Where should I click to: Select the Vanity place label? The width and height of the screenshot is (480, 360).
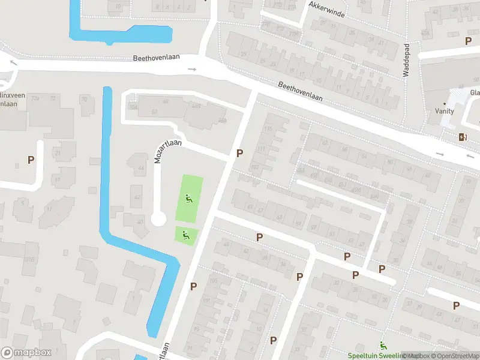[x=445, y=111]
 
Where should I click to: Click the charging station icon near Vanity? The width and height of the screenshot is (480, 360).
[x=463, y=137]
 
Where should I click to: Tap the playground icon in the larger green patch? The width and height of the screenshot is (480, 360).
[x=188, y=199]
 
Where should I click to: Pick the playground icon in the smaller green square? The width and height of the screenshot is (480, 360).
[x=185, y=235]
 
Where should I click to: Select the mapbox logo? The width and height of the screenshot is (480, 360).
[x=25, y=353]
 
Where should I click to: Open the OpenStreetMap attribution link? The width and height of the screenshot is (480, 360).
[x=455, y=356]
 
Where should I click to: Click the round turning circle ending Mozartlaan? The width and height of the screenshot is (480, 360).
[x=158, y=219]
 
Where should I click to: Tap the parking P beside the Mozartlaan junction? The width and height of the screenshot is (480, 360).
[x=239, y=154]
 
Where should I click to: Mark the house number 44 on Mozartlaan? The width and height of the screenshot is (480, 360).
[x=142, y=168]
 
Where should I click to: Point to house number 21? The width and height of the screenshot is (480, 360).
[x=58, y=153]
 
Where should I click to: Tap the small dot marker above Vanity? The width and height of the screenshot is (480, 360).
[x=445, y=104]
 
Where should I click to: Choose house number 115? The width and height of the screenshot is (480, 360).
[x=268, y=129]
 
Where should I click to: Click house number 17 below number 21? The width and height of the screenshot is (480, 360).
[x=58, y=179]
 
